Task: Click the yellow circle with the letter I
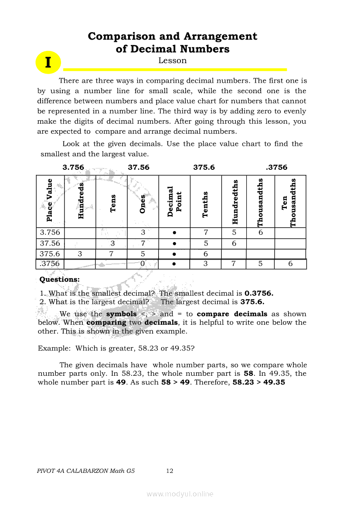click(x=48, y=62)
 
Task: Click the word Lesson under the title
click(x=173, y=61)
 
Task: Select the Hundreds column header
click(x=80, y=201)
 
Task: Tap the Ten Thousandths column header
click(x=290, y=201)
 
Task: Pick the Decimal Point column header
click(x=174, y=201)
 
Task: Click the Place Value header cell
click(x=50, y=201)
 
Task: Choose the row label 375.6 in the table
click(x=50, y=254)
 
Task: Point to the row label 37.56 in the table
click(x=50, y=243)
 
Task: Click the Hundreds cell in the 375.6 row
click(x=80, y=254)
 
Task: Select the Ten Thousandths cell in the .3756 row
click(x=290, y=264)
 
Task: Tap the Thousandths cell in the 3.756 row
click(x=261, y=233)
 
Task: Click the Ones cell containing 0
click(x=143, y=264)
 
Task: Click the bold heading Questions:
click(x=60, y=279)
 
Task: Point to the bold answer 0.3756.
click(x=259, y=293)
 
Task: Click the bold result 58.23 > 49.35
click(x=258, y=382)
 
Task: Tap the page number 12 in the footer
click(x=170, y=471)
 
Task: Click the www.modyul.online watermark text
click(x=180, y=494)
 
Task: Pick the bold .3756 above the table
click(x=277, y=167)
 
